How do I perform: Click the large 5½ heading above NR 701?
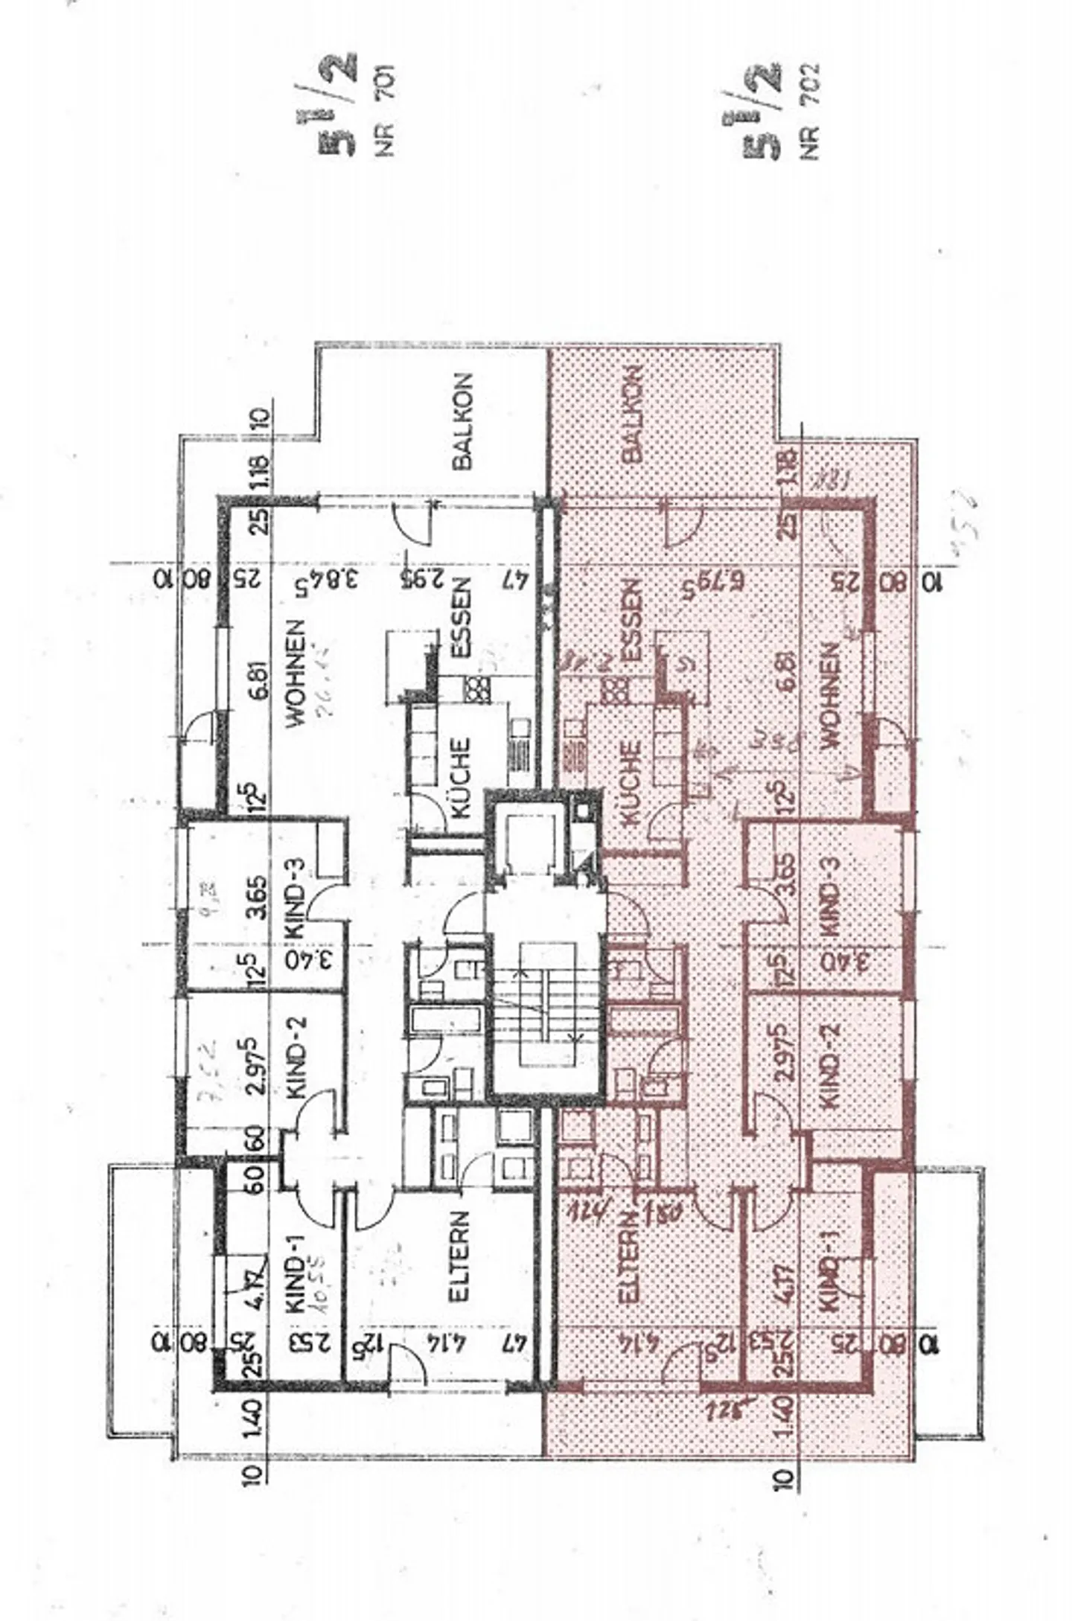tap(339, 104)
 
